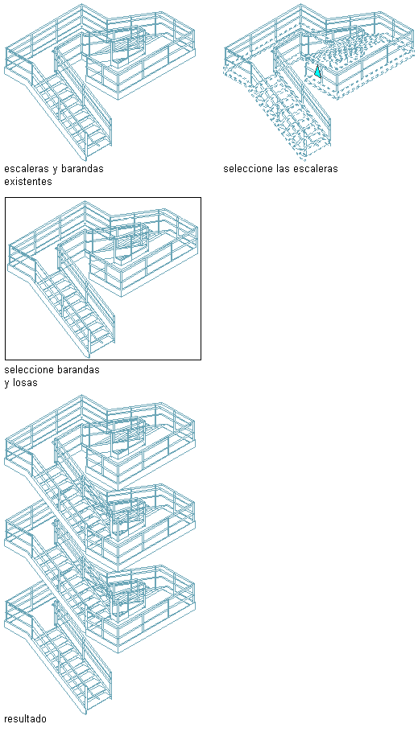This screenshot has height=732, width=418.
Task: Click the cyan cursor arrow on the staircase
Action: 317,71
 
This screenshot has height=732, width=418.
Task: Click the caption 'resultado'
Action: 26,718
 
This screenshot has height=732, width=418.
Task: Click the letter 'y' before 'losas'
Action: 7,384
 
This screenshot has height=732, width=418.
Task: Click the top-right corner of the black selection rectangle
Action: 201,197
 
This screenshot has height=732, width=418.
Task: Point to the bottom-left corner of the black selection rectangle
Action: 5,360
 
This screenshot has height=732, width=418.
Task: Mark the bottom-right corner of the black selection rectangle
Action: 201,360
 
